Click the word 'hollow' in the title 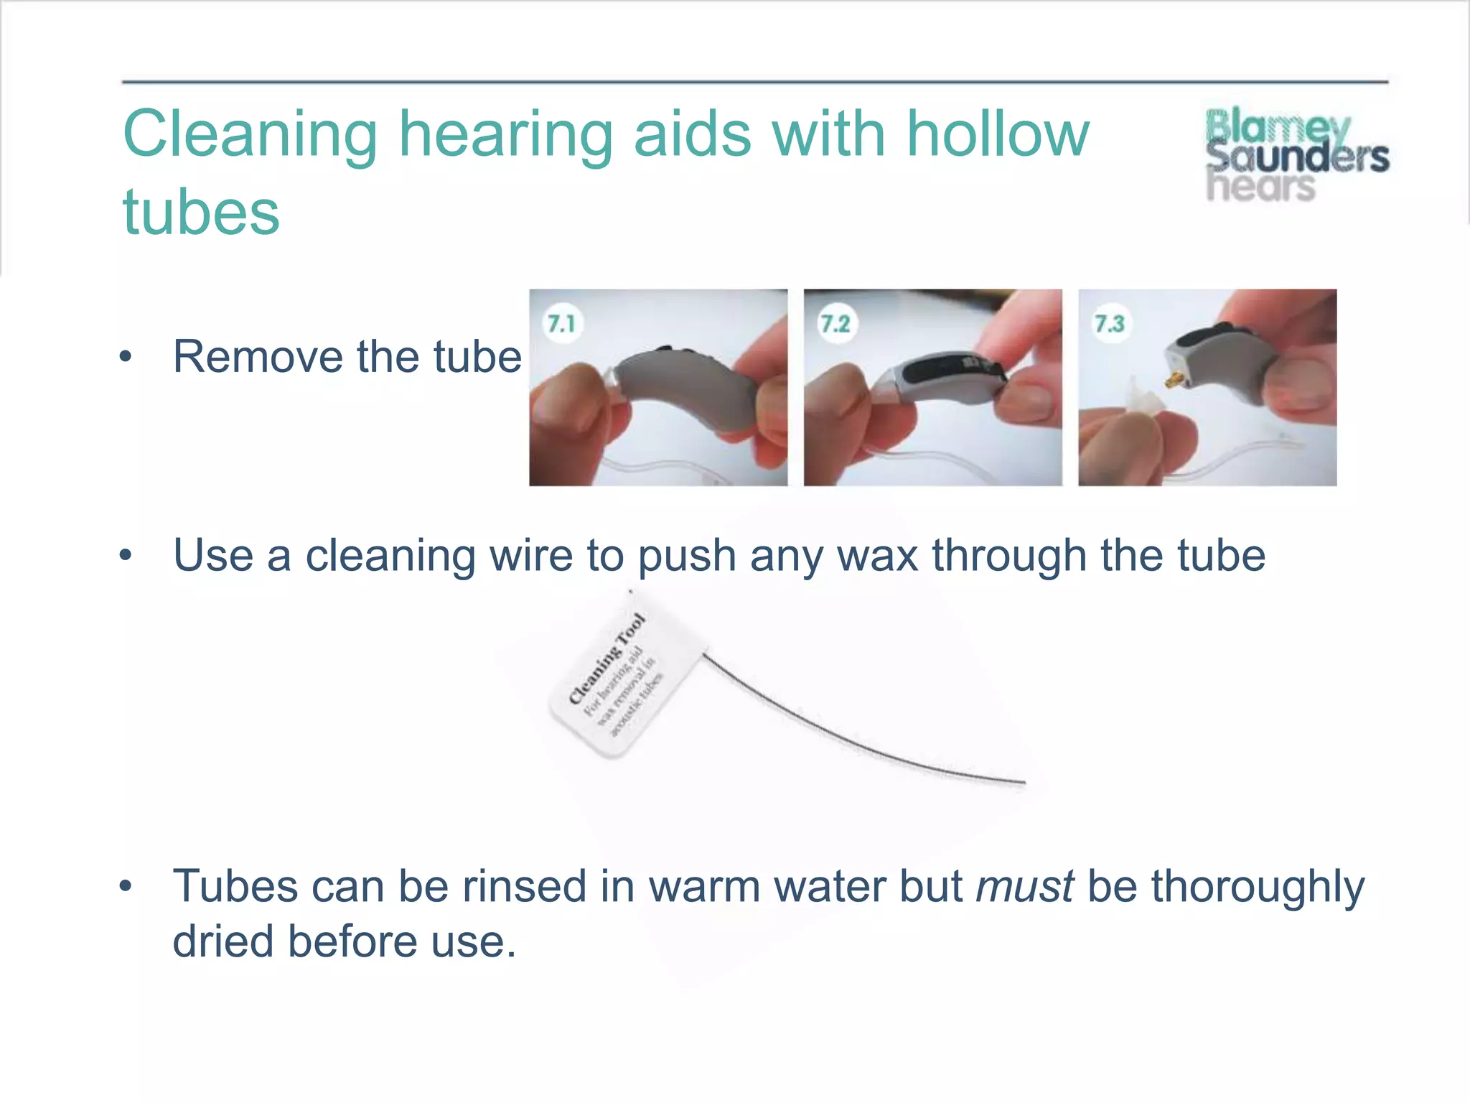point(998,135)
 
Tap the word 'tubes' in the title point(201,213)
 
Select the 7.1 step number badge point(561,324)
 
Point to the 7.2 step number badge point(835,324)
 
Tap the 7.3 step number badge point(1110,324)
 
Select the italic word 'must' point(1025,887)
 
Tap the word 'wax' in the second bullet point(878,556)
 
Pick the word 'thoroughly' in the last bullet point(1258,887)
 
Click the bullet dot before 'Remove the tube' point(126,357)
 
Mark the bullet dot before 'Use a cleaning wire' point(126,556)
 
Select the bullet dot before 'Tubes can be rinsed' point(126,887)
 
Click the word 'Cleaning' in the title point(251,135)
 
